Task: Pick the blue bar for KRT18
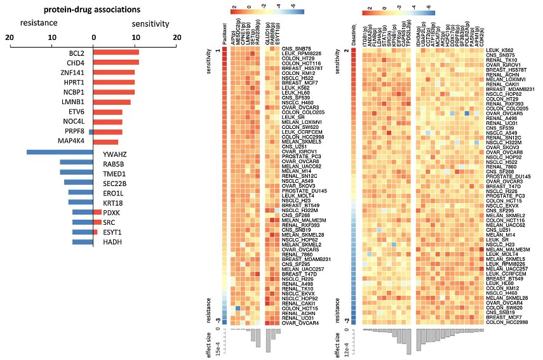81,203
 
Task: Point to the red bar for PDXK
98,213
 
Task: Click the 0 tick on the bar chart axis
93,37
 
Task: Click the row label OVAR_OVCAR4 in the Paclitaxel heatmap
301,323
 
